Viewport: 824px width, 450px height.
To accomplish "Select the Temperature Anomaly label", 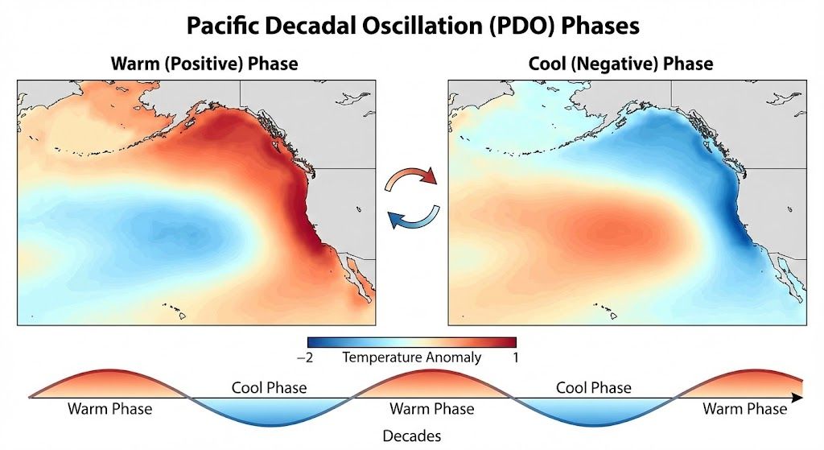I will pos(411,357).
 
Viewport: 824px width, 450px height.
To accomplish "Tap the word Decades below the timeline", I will pos(411,436).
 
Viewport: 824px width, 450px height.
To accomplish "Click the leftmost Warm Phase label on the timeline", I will pos(109,409).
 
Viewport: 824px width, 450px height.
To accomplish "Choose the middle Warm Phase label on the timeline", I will pos(431,409).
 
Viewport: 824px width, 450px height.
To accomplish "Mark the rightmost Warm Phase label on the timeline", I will pos(744,409).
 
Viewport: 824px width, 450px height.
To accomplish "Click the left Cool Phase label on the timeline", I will pos(269,387).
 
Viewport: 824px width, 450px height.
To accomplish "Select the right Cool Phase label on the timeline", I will pos(594,387).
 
